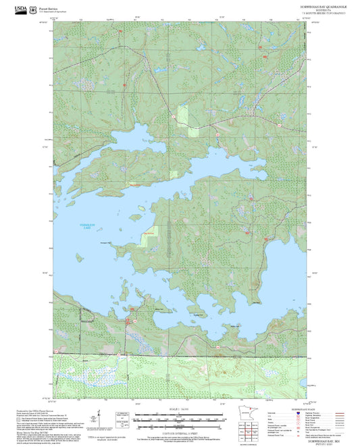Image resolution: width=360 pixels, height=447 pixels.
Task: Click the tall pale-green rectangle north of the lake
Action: (182, 119)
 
